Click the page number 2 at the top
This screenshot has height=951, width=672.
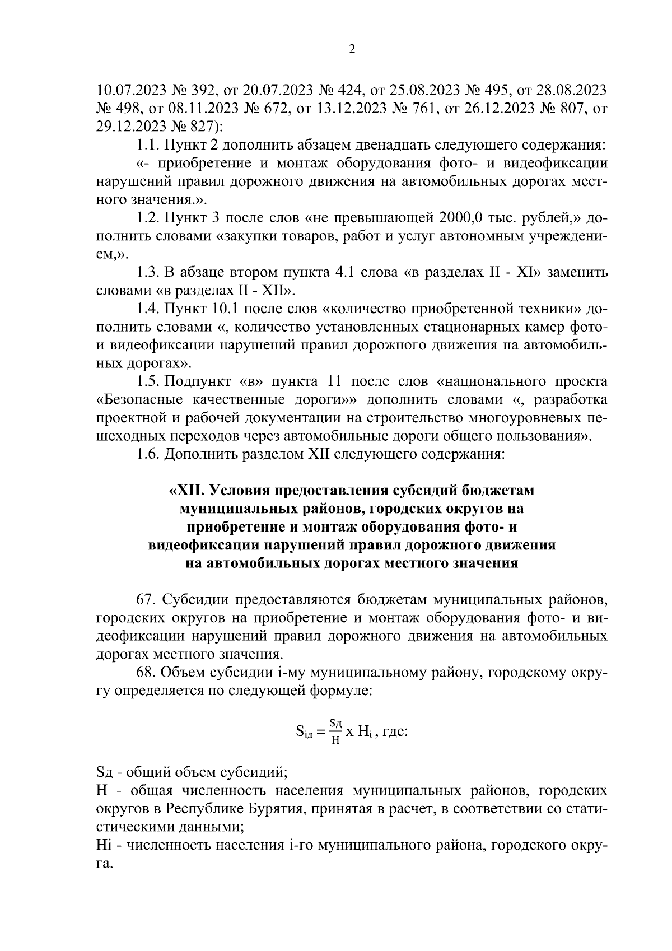[352, 50]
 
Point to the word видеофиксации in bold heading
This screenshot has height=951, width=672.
[204, 545]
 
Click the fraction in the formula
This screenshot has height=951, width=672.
[335, 731]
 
